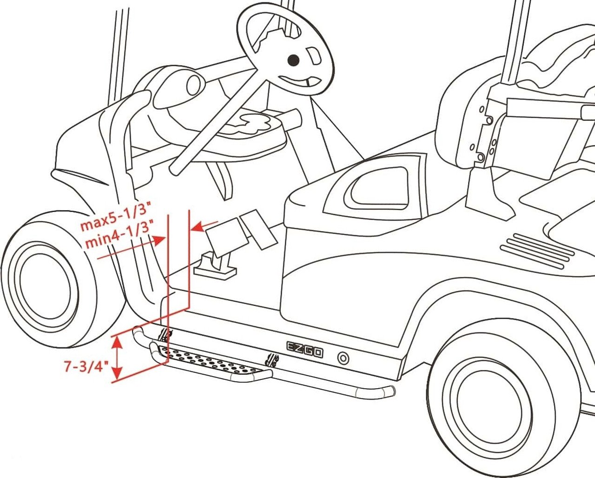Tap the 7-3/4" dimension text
click(86, 367)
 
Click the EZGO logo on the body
click(304, 350)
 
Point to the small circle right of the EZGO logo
click(343, 358)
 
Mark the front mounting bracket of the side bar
click(165, 335)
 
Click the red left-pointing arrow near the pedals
click(205, 226)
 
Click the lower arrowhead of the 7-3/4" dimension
click(118, 373)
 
